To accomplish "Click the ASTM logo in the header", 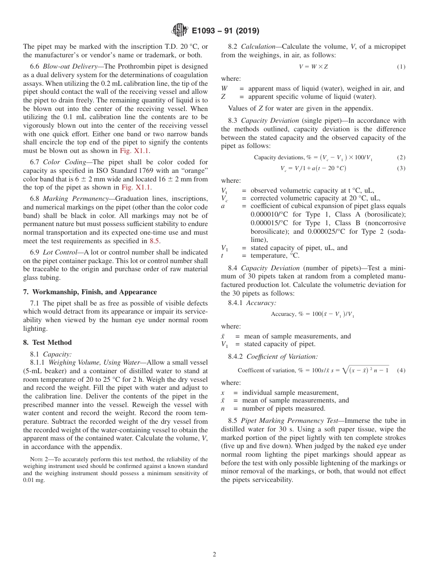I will point(180,31).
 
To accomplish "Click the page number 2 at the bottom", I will point(214,554).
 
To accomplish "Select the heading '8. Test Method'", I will point(47,343).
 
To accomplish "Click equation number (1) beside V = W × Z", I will point(401,67).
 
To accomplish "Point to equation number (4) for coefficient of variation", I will point(401,370).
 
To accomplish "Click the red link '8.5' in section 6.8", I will point(154,241).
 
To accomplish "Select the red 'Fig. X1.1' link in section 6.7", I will point(138,187).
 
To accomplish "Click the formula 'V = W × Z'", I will point(313,67).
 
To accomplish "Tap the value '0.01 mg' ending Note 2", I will point(33,480).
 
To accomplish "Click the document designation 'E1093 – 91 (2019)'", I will point(225,31).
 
